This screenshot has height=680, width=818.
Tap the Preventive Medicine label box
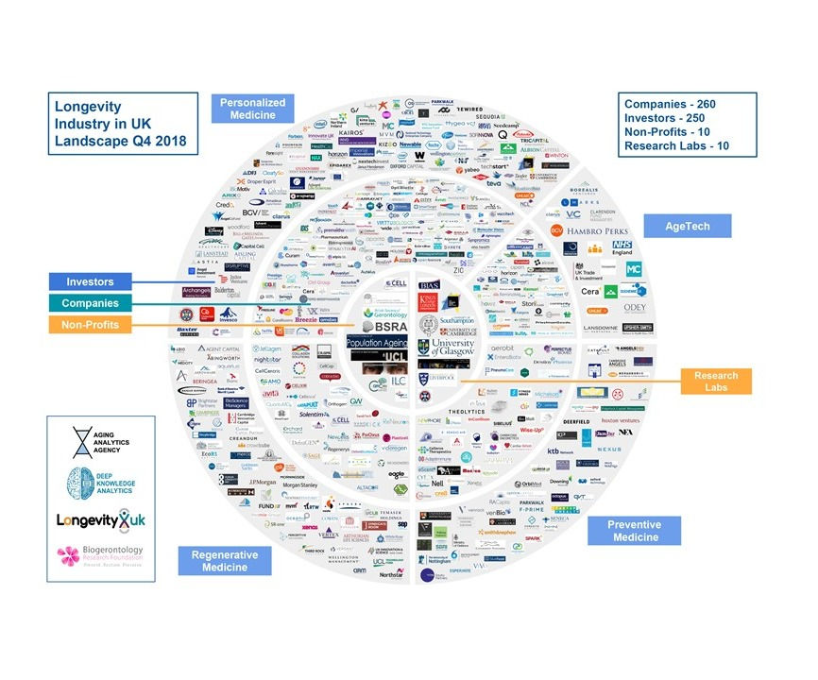(x=633, y=532)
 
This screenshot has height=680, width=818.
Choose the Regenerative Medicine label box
(x=225, y=561)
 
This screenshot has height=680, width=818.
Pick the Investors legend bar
(x=91, y=281)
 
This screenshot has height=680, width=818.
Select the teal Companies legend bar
(x=91, y=303)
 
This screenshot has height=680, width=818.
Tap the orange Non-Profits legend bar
(x=91, y=325)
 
